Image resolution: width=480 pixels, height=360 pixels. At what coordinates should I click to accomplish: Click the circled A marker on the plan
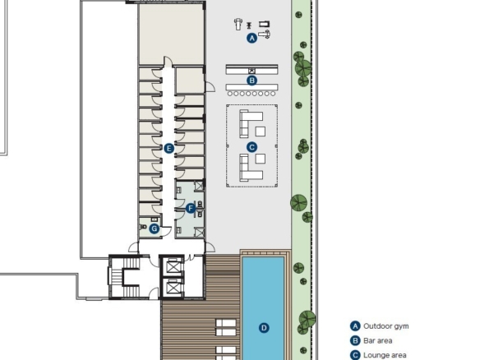(252, 39)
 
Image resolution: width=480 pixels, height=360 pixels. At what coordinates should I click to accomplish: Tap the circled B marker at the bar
(252, 81)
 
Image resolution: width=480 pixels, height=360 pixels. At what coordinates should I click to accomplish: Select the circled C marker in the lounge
(252, 147)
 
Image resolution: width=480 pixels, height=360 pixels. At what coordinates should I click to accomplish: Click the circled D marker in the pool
(264, 328)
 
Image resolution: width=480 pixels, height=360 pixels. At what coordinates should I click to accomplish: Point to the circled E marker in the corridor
(169, 149)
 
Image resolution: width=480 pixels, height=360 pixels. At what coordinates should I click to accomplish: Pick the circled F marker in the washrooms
(191, 209)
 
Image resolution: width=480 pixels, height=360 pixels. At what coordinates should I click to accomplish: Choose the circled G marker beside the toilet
(155, 228)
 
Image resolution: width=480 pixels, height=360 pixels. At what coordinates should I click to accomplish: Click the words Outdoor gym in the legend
(385, 326)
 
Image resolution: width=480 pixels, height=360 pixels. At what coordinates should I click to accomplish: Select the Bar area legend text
(377, 341)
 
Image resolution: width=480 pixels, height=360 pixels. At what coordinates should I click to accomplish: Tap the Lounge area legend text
(385, 355)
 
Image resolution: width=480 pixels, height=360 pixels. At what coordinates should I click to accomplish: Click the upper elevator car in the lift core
(173, 267)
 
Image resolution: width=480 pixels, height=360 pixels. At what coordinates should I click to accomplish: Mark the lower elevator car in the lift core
(173, 288)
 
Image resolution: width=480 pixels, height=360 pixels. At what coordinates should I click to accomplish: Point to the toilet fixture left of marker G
(143, 227)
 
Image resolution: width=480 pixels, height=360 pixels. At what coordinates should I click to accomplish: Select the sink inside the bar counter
(252, 71)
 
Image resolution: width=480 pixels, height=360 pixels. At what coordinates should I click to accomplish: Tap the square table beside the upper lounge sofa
(261, 132)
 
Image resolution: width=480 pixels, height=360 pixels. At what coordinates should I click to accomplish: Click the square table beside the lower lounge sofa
(261, 159)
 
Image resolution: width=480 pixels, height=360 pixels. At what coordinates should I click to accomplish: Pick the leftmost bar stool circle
(230, 94)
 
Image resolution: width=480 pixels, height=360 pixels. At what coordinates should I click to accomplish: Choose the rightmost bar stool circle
(273, 94)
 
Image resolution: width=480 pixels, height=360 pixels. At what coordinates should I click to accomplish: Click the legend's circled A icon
(355, 326)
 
